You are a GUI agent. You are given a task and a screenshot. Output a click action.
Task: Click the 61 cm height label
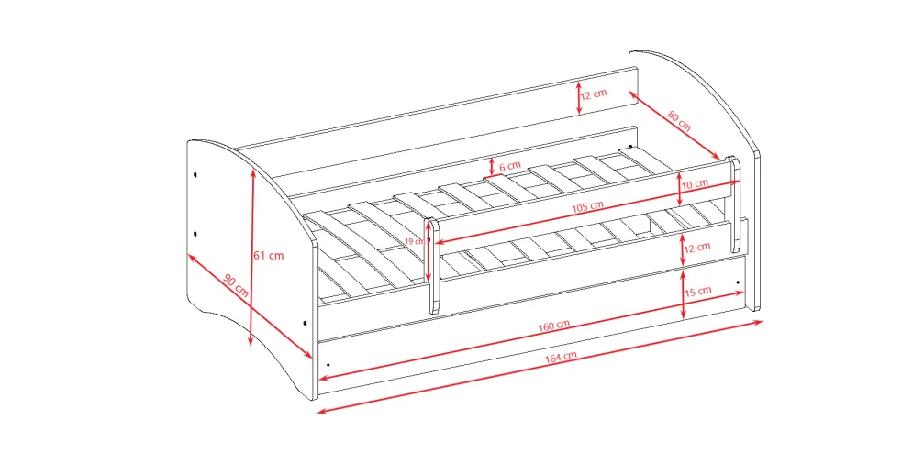pyautogui.click(x=269, y=256)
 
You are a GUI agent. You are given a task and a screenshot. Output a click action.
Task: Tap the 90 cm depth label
pyautogui.click(x=236, y=285)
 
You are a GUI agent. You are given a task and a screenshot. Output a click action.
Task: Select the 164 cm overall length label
pyautogui.click(x=561, y=357)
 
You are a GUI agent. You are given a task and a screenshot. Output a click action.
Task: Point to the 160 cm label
pyautogui.click(x=553, y=326)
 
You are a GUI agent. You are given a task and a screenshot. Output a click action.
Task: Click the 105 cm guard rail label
pyautogui.click(x=587, y=206)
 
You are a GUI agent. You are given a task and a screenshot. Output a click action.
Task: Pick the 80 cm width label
pyautogui.click(x=679, y=120)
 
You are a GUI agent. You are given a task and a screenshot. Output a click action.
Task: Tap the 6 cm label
pyautogui.click(x=510, y=166)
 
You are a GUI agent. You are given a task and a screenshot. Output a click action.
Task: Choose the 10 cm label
pyautogui.click(x=696, y=184)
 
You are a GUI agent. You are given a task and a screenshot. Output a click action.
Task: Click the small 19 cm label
pyautogui.click(x=415, y=241)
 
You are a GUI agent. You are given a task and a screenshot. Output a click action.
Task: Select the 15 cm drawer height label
pyautogui.click(x=697, y=291)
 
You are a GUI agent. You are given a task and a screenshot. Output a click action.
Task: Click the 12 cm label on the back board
pyautogui.click(x=594, y=94)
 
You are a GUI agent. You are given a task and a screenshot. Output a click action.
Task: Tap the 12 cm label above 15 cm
pyautogui.click(x=697, y=248)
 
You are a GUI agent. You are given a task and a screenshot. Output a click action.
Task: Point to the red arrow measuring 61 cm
pyautogui.click(x=251, y=258)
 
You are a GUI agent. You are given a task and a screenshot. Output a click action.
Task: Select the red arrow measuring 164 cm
pyautogui.click(x=540, y=367)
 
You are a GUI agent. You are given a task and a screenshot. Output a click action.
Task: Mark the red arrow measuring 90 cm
pyautogui.click(x=250, y=305)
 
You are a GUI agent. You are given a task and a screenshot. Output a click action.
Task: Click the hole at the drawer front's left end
pyautogui.click(x=328, y=365)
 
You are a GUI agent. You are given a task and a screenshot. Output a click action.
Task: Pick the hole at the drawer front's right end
pyautogui.click(x=738, y=282)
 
